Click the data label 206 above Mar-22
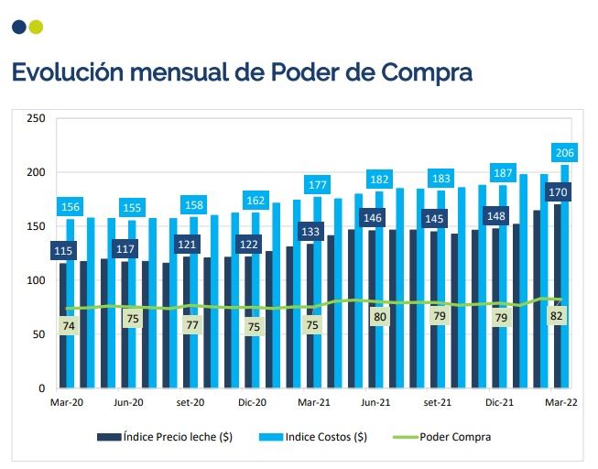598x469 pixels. coord(564,152)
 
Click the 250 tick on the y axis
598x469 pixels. coord(37,119)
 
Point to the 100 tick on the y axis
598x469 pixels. coord(37,280)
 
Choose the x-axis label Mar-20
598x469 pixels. coord(67,402)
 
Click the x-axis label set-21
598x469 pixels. coord(437,402)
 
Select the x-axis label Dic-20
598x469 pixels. coord(252,402)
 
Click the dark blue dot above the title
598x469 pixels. coord(19,27)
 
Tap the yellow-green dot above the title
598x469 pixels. coord(36,27)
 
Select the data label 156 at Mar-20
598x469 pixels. coord(71,207)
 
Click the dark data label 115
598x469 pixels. coord(62,251)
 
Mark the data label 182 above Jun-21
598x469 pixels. coord(379,179)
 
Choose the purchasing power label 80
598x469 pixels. coord(379,318)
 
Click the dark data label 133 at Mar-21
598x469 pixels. coord(310,232)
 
